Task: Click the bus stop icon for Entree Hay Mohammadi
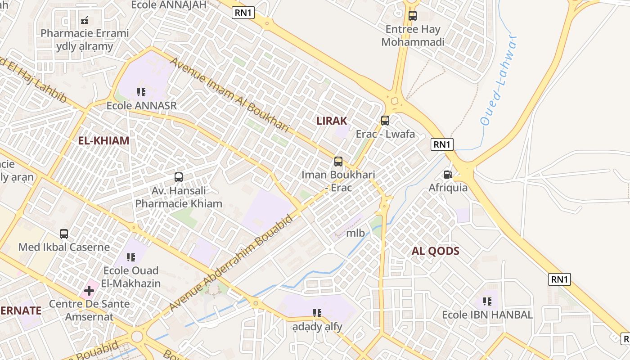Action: click(x=413, y=16)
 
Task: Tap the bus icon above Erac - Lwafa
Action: click(x=385, y=121)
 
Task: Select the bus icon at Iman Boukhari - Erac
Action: click(x=338, y=162)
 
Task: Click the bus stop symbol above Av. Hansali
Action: click(x=179, y=177)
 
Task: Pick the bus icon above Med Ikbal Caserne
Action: click(x=64, y=234)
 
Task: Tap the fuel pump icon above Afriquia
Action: click(x=448, y=175)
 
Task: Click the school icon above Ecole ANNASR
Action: click(x=141, y=92)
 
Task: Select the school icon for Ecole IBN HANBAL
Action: click(x=487, y=301)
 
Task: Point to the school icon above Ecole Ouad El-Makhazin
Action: click(x=131, y=257)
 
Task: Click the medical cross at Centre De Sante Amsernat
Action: click(x=89, y=291)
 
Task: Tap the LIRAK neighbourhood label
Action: click(x=332, y=121)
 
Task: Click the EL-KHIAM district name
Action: click(x=103, y=140)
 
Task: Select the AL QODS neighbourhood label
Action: click(x=436, y=251)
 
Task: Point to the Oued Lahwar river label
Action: click(x=498, y=81)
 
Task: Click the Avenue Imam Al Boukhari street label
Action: click(x=229, y=94)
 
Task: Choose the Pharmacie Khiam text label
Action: click(x=179, y=203)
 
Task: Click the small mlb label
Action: click(x=355, y=233)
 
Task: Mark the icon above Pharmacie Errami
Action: click(x=85, y=20)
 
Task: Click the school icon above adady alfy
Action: click(x=317, y=313)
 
